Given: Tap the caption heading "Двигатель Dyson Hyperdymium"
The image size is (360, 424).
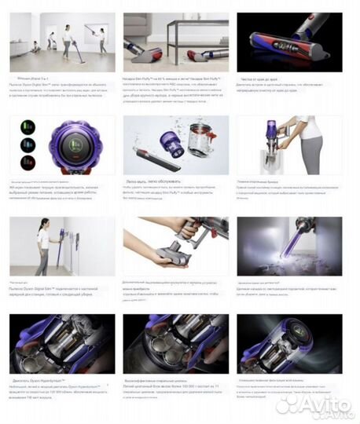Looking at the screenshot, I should [36, 381].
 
